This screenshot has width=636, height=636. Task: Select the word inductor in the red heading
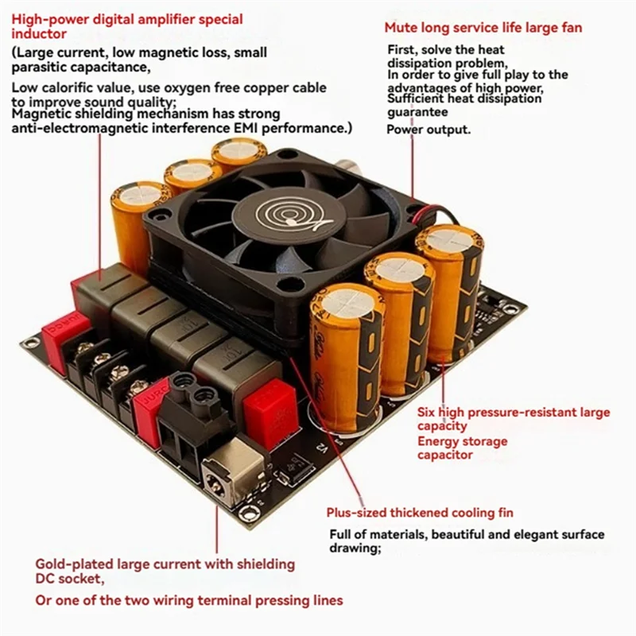tap(39, 34)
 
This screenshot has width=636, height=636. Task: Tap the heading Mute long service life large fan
tap(483, 28)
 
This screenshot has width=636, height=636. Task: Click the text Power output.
tap(428, 130)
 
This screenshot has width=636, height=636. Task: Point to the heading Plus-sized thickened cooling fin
tap(420, 513)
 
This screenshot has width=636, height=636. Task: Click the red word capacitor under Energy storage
tap(445, 455)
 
